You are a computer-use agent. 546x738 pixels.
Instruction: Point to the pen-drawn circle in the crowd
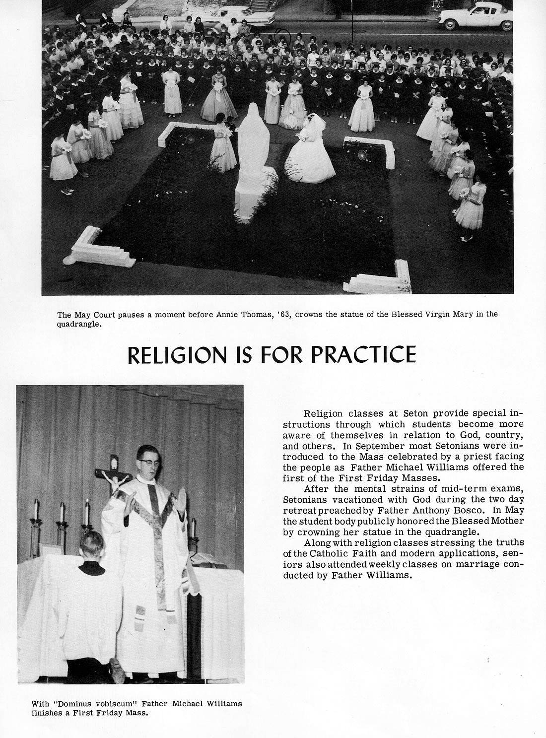point(283,35)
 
